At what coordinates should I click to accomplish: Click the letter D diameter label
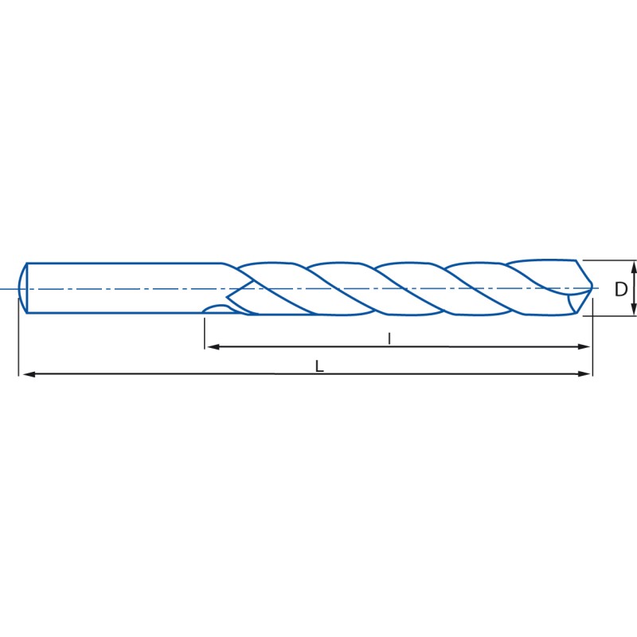tap(621, 290)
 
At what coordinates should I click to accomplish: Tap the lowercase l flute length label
tap(389, 338)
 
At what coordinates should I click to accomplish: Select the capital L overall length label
tap(318, 366)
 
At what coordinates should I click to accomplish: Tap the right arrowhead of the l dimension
tap(584, 346)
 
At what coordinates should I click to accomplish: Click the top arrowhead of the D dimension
tap(635, 265)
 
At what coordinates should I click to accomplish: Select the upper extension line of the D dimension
tap(609, 260)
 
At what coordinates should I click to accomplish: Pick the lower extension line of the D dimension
tap(609, 316)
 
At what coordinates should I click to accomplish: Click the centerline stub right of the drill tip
tap(597, 288)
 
